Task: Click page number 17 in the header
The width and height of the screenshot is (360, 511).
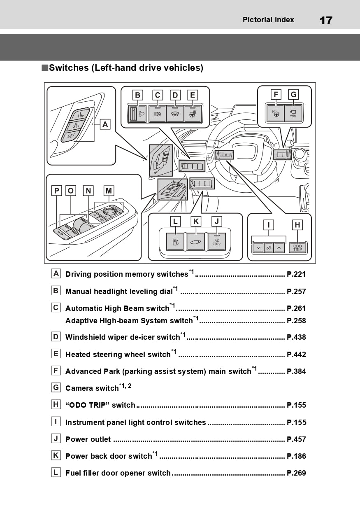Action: click(x=326, y=20)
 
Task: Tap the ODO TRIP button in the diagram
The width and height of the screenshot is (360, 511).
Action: click(x=297, y=247)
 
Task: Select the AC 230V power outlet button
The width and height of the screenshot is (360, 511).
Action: click(x=216, y=242)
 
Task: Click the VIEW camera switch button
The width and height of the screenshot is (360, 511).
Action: click(x=293, y=113)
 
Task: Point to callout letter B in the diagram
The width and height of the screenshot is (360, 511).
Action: click(x=138, y=95)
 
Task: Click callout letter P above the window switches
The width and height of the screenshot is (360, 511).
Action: click(x=56, y=191)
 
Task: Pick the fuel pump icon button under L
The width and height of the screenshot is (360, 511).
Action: click(x=175, y=242)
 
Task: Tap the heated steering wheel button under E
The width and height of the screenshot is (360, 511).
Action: click(x=192, y=114)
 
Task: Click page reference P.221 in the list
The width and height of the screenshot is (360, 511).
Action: click(x=296, y=275)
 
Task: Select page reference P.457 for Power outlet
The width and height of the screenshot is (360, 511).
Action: click(x=296, y=439)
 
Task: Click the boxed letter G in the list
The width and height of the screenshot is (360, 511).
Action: click(x=56, y=387)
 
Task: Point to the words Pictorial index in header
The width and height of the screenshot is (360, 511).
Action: click(x=268, y=20)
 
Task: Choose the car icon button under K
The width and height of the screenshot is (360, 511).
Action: click(x=196, y=242)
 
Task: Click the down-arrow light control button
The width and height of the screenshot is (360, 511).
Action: click(x=258, y=248)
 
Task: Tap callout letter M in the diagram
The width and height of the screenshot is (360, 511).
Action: click(x=109, y=191)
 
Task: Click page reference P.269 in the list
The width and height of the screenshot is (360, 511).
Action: click(x=296, y=473)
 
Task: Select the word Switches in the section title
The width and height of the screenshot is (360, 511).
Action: click(x=69, y=68)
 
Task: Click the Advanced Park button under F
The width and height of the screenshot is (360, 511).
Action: click(x=275, y=113)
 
